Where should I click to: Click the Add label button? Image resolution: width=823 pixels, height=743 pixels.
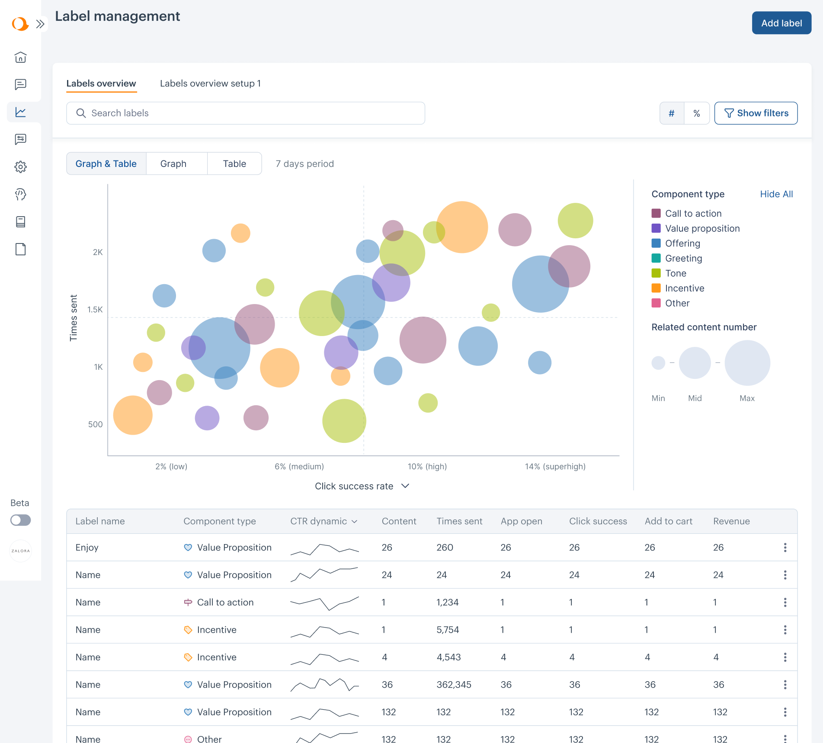point(781,23)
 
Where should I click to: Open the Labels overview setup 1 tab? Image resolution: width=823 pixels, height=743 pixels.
point(210,83)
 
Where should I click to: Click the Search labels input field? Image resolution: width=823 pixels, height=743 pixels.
point(246,113)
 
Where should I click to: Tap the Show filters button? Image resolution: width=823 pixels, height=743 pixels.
point(756,113)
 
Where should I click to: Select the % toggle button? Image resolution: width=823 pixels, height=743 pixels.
point(696,113)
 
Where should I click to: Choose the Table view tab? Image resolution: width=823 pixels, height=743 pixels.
point(234,164)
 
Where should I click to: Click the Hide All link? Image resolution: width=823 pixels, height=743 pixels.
point(776,194)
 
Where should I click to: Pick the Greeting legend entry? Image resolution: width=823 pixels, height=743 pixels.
point(683,258)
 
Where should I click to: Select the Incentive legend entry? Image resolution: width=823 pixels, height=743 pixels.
point(684,288)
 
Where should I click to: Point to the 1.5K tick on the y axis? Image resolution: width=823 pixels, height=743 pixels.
point(95,310)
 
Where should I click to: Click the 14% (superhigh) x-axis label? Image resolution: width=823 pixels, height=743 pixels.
point(555,467)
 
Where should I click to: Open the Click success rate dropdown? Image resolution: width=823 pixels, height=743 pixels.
point(362,486)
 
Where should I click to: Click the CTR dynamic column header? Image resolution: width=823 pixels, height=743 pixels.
point(323,521)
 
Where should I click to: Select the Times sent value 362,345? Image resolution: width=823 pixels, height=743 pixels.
point(454,685)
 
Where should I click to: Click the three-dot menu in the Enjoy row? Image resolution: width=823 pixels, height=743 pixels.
point(785,548)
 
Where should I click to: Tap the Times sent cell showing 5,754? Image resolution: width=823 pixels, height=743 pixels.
point(448,630)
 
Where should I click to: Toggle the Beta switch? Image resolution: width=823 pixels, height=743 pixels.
point(21,520)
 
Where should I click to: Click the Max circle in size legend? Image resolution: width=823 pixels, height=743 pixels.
point(747,363)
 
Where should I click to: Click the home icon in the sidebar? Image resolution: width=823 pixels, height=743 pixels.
point(21,57)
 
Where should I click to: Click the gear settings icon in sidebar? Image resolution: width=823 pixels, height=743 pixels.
point(21,167)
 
